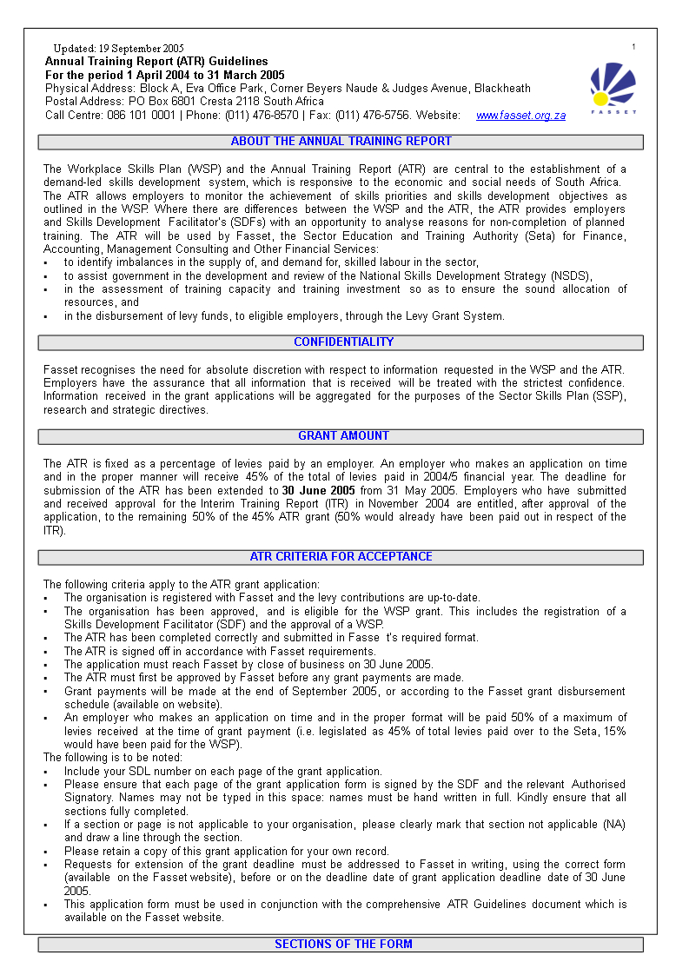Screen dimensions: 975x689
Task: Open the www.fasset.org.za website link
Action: click(520, 116)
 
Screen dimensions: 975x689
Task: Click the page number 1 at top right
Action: click(633, 47)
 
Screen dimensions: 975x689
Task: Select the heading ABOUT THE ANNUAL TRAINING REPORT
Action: click(341, 142)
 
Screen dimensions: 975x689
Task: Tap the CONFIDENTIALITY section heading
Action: click(343, 342)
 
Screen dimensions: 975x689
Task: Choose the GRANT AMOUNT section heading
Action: click(343, 436)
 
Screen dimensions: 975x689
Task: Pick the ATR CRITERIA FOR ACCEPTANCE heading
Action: click(341, 557)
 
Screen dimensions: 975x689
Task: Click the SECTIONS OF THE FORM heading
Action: click(343, 945)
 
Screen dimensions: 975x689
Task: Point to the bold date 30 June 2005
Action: click(318, 491)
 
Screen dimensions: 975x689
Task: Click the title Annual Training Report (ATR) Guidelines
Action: click(156, 62)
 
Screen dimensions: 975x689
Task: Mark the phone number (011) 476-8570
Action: click(262, 115)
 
